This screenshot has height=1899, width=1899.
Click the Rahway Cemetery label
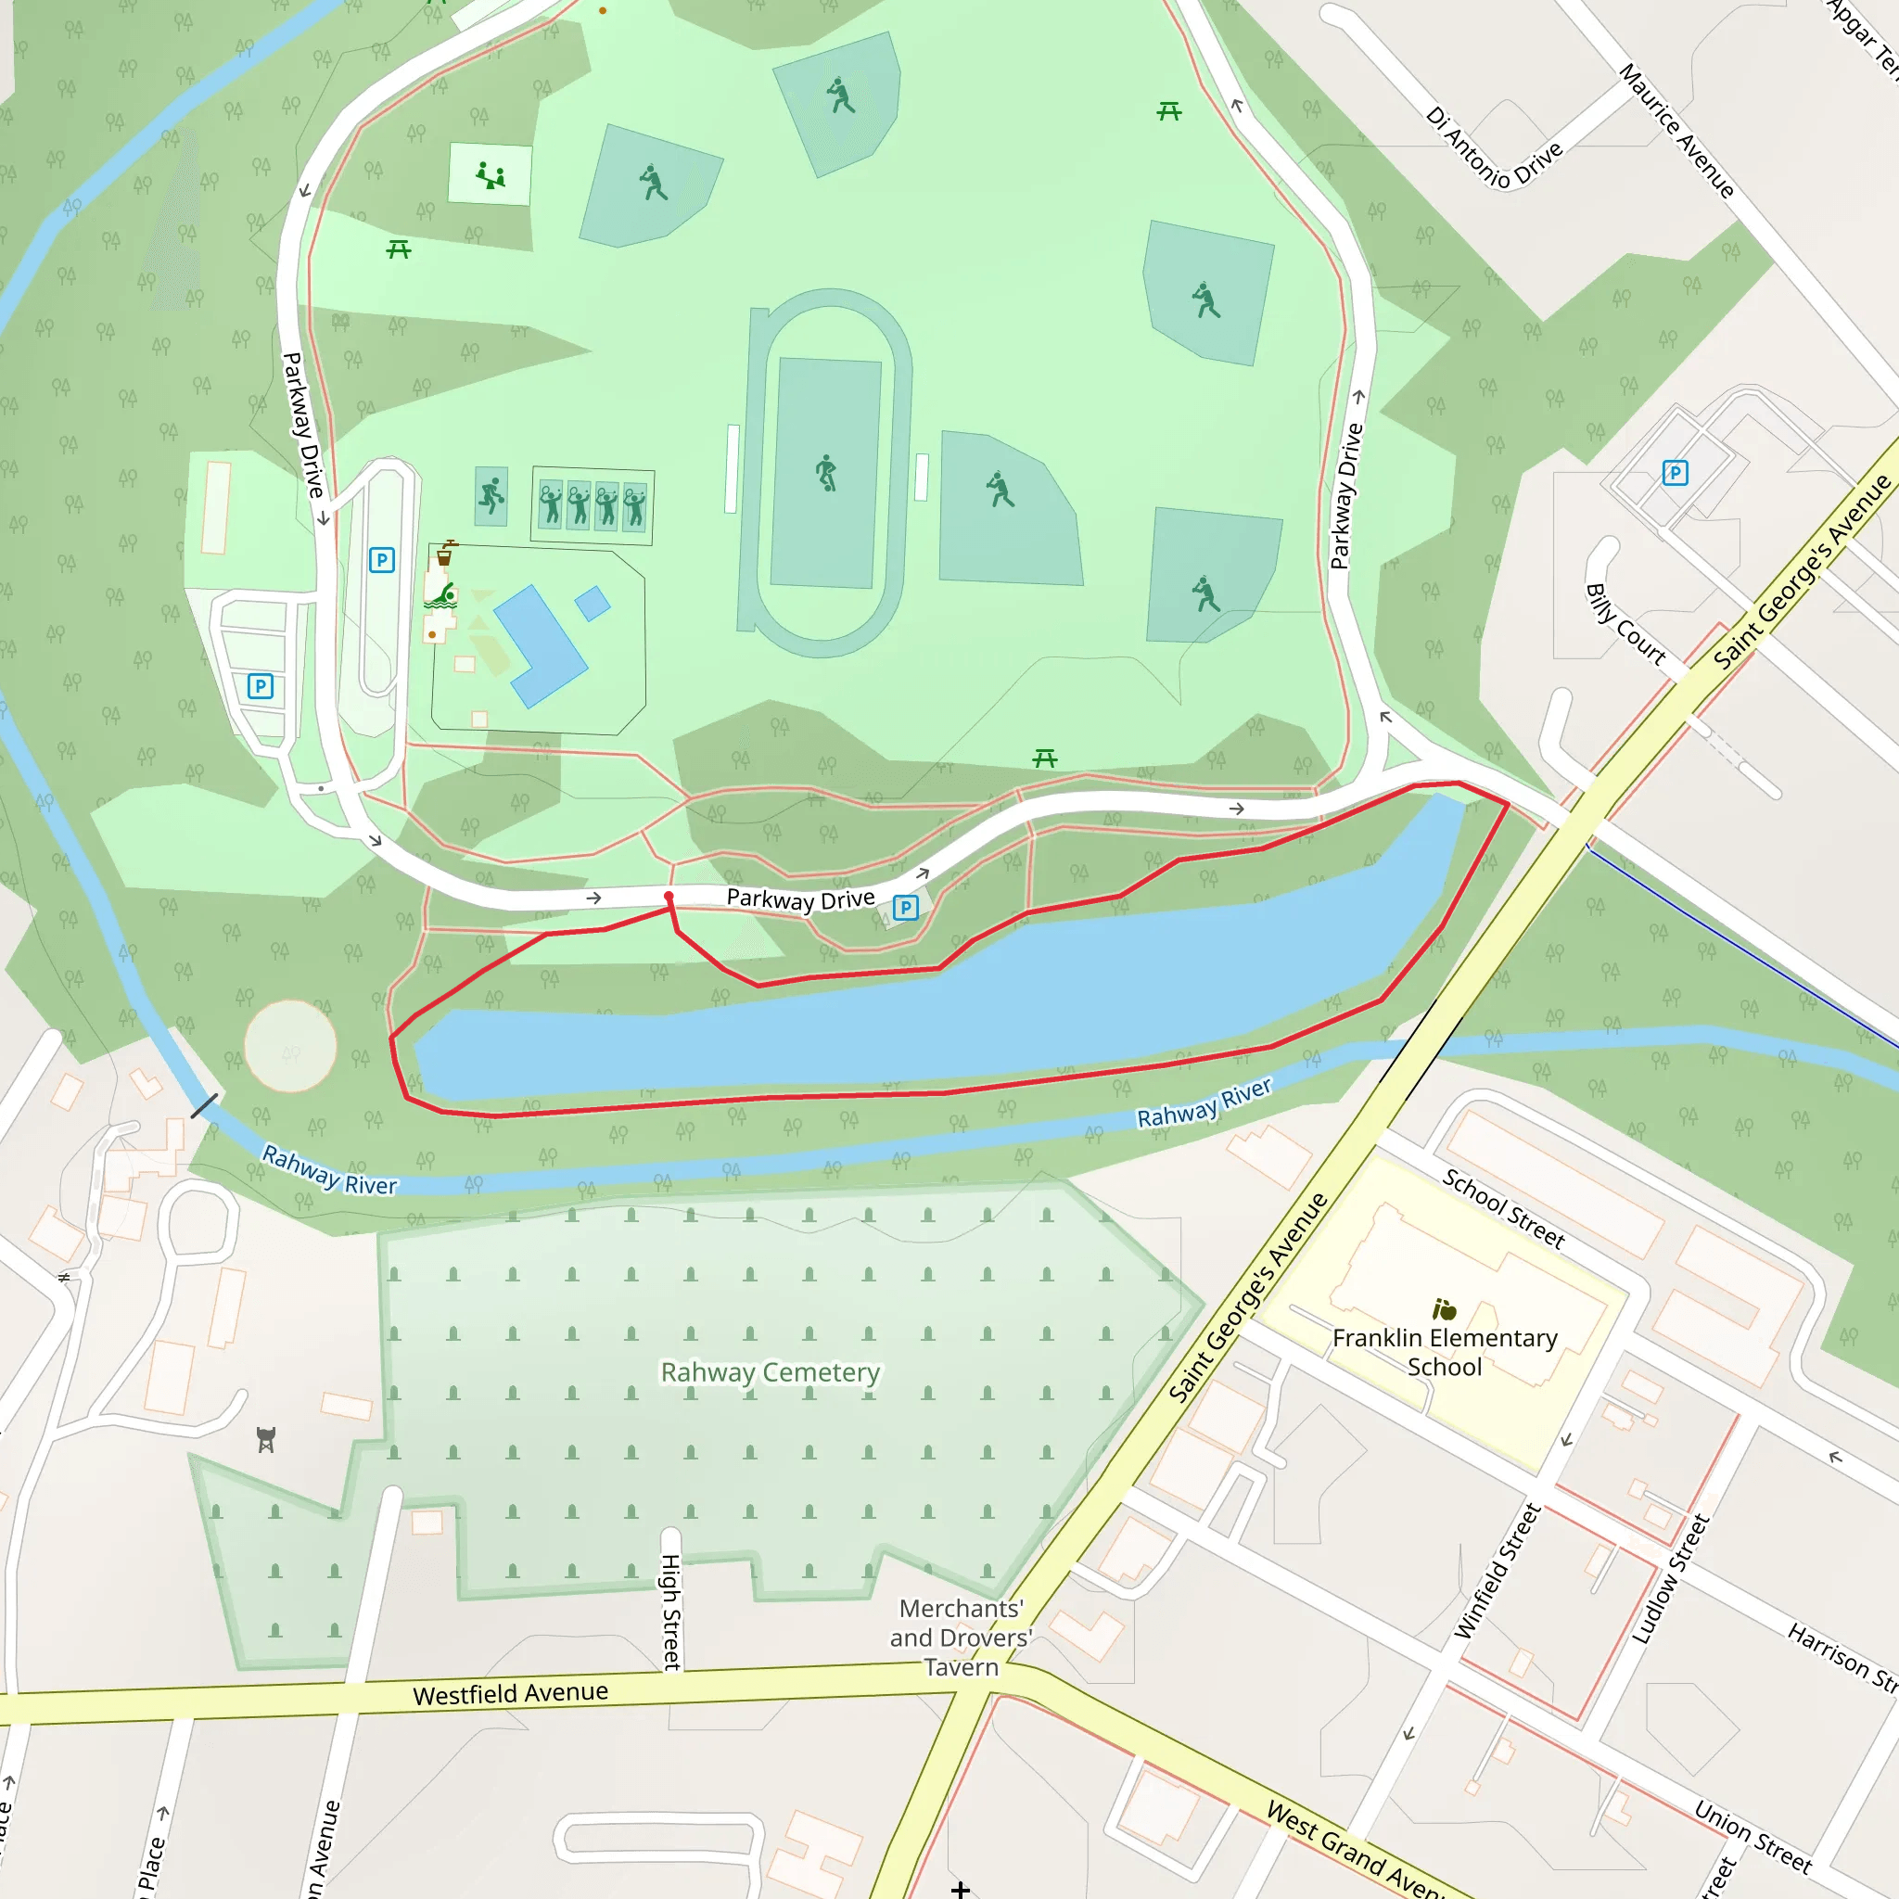[x=770, y=1372]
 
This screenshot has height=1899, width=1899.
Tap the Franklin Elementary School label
[x=1444, y=1352]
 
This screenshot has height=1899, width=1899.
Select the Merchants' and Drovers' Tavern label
[x=961, y=1638]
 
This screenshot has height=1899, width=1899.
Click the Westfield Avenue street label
[x=510, y=1692]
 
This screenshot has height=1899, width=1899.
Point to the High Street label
[x=671, y=1612]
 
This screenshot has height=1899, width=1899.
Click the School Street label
[x=1503, y=1208]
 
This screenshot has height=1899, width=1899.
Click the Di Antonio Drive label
[x=1493, y=147]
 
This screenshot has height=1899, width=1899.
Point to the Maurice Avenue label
[x=1676, y=131]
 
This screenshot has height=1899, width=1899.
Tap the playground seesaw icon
[x=491, y=176]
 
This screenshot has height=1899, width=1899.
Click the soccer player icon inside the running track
[x=826, y=473]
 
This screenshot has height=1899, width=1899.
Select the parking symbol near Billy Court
[x=1675, y=473]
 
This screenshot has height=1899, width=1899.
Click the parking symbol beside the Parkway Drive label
[x=906, y=907]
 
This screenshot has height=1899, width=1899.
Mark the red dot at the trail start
[x=669, y=897]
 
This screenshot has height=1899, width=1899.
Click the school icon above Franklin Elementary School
[x=1444, y=1309]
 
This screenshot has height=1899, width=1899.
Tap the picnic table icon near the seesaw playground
[x=398, y=249]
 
